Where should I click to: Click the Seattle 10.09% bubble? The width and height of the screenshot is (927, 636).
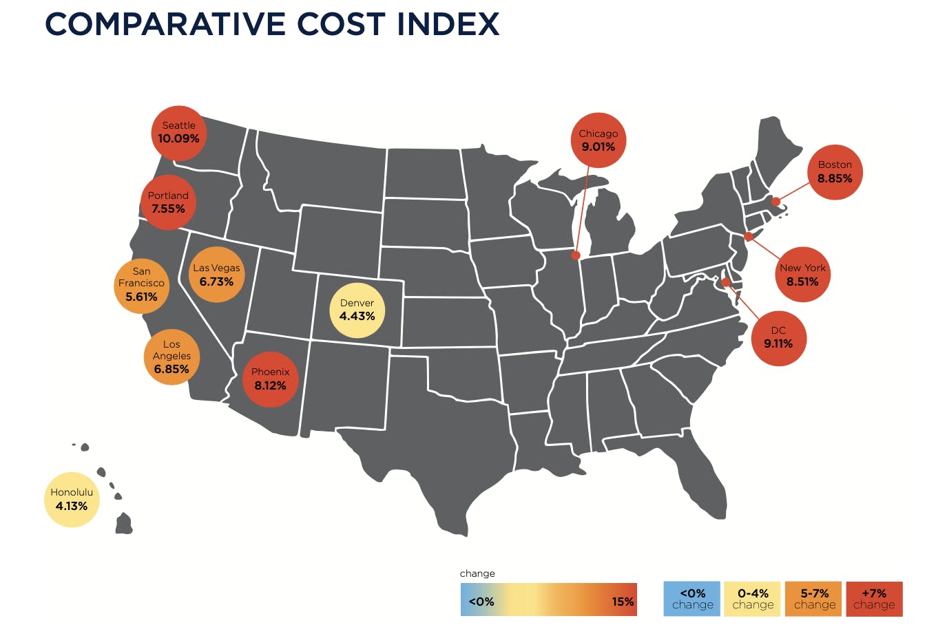click(x=178, y=133)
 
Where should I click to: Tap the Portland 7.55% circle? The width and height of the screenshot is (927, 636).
click(x=168, y=202)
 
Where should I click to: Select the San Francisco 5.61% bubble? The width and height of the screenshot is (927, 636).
click(x=141, y=285)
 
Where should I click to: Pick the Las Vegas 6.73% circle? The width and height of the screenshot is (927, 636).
click(x=216, y=275)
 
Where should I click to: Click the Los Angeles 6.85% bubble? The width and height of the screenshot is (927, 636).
click(x=171, y=357)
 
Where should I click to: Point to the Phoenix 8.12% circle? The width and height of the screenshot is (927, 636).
click(x=270, y=379)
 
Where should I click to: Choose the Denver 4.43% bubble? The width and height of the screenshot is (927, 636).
click(x=357, y=310)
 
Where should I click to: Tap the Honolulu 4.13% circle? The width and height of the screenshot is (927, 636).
click(x=72, y=500)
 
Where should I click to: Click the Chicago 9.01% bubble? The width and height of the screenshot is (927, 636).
click(x=598, y=140)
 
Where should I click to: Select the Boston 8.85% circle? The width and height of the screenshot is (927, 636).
click(x=835, y=172)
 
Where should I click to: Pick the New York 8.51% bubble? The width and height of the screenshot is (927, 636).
click(x=802, y=275)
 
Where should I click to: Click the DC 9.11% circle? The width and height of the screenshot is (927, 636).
click(x=778, y=337)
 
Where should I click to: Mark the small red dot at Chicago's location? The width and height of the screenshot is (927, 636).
click(x=576, y=255)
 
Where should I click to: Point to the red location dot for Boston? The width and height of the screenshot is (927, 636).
click(x=775, y=202)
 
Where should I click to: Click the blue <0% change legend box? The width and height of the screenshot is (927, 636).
click(x=692, y=599)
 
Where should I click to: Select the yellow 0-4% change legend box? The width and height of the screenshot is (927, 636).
click(x=753, y=599)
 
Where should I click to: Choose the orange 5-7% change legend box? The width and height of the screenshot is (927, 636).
click(x=814, y=599)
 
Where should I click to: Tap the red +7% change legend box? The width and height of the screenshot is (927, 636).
click(x=874, y=599)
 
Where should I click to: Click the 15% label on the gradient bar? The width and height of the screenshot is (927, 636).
click(x=623, y=602)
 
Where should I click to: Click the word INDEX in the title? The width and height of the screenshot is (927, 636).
click(x=448, y=25)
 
